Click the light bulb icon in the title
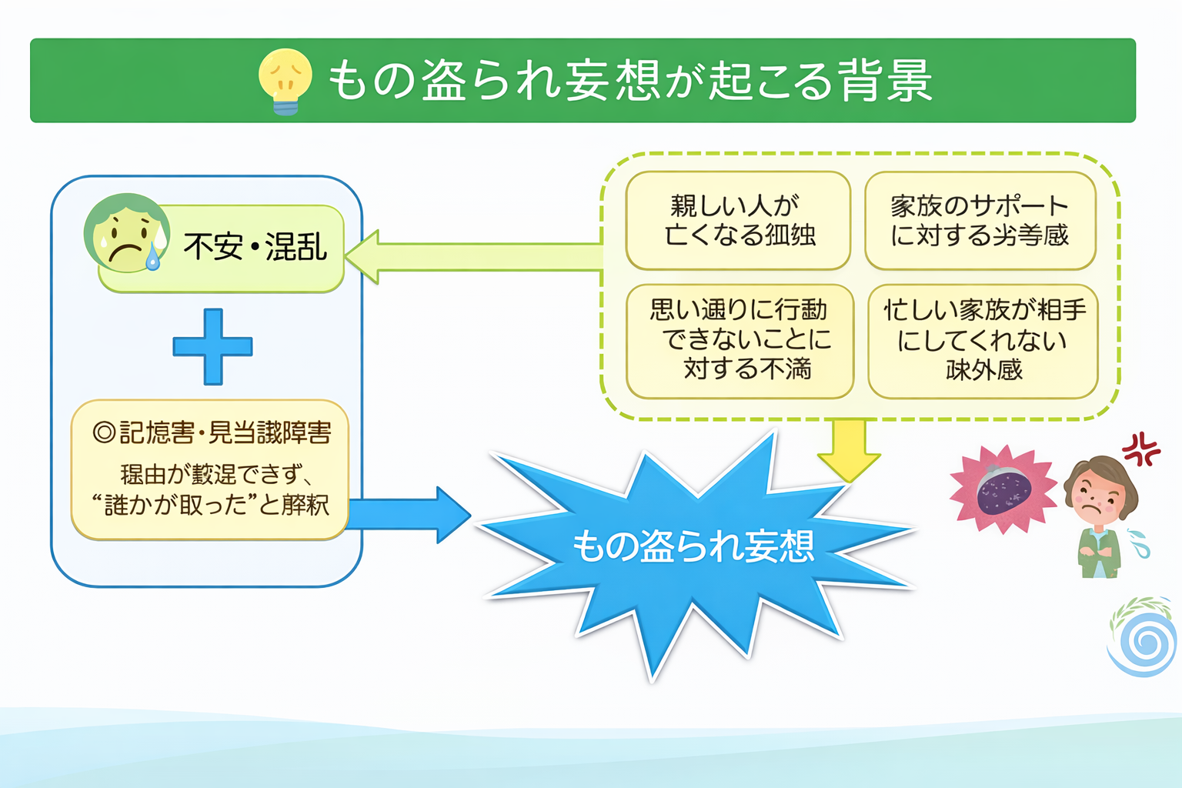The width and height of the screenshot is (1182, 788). [285, 80]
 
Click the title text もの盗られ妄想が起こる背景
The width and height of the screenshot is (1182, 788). [630, 81]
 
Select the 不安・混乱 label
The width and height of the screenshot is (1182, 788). [255, 247]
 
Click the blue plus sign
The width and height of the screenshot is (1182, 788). [212, 347]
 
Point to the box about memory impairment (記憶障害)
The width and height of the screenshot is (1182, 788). [210, 469]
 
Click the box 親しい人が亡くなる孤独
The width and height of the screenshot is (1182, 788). [738, 221]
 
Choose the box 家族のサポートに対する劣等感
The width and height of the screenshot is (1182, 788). [980, 221]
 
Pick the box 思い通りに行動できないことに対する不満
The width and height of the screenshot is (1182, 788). [740, 341]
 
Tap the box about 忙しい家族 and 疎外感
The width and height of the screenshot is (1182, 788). [983, 341]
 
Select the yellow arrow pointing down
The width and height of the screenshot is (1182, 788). [849, 449]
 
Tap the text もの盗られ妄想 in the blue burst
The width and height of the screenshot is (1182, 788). [693, 546]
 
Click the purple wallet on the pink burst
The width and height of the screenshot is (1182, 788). [1003, 490]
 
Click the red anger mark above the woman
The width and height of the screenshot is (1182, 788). [1141, 448]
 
